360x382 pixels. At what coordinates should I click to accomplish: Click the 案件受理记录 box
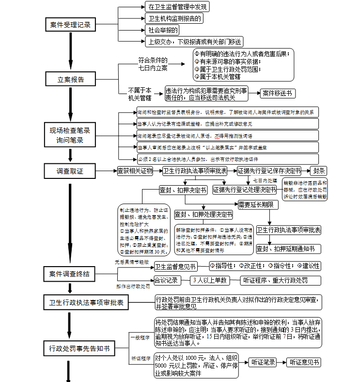tap(70, 25)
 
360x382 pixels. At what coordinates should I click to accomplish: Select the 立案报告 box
tap(70, 79)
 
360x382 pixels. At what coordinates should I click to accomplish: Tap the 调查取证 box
tap(70, 171)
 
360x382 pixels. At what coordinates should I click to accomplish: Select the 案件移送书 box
tap(277, 93)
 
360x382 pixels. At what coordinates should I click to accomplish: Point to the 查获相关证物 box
tap(135, 171)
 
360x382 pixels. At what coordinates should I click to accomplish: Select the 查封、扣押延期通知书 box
tap(288, 249)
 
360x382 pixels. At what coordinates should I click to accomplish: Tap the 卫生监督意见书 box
tap(175, 266)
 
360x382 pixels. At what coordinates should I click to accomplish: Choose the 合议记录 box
tap(166, 280)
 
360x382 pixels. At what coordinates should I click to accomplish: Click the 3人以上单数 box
tap(209, 280)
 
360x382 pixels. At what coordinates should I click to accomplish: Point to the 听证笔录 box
tap(264, 362)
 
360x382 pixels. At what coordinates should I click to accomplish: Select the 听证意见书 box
tap(304, 362)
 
